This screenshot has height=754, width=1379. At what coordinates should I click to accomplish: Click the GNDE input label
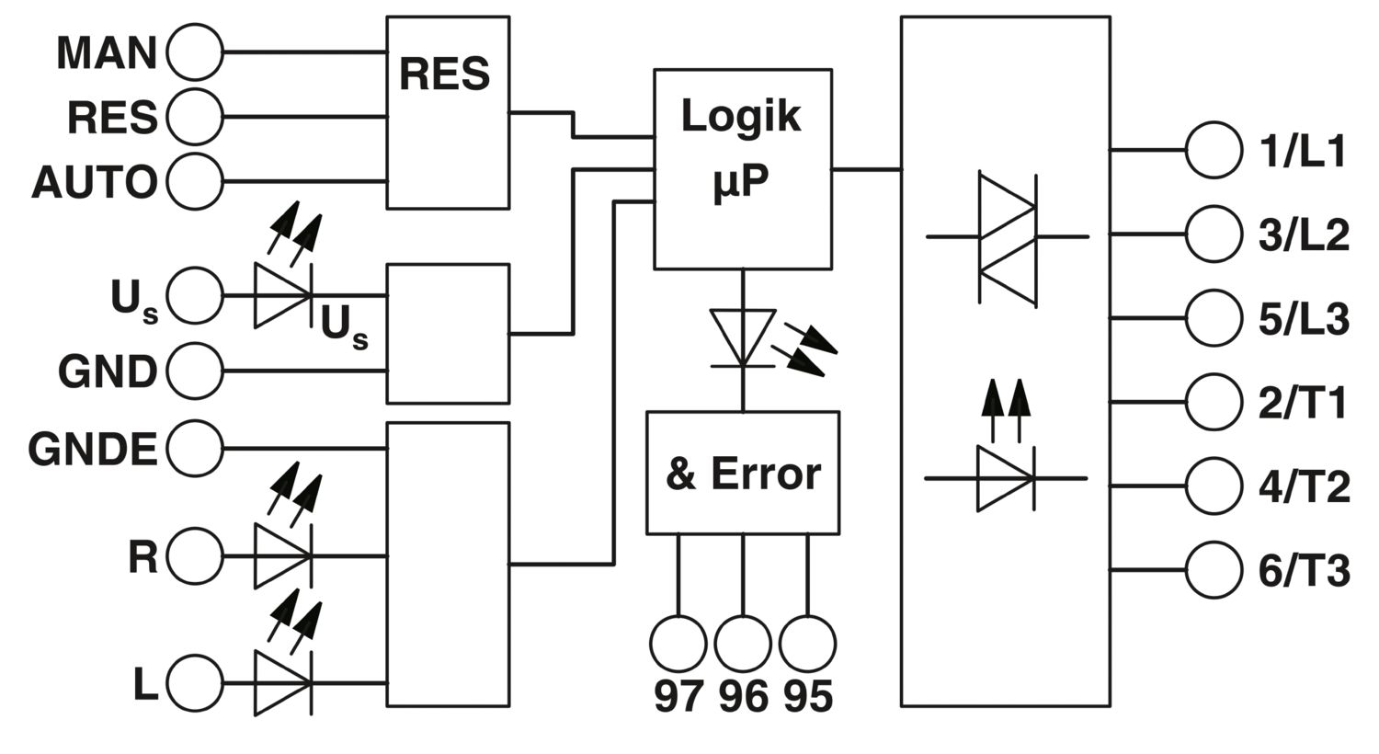(x=93, y=449)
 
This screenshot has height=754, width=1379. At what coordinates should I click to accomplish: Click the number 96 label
(x=743, y=696)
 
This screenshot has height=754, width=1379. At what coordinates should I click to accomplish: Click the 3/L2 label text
(x=1304, y=234)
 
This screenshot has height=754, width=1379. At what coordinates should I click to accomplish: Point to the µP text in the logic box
(x=741, y=180)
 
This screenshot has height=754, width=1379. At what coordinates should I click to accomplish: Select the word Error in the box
(x=766, y=474)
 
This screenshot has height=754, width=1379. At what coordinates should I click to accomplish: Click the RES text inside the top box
(x=444, y=74)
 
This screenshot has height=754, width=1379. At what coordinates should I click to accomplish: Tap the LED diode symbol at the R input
(x=283, y=555)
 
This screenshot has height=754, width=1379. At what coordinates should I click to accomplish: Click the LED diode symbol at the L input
(x=283, y=683)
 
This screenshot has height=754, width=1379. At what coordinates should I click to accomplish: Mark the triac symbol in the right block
(x=1008, y=240)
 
